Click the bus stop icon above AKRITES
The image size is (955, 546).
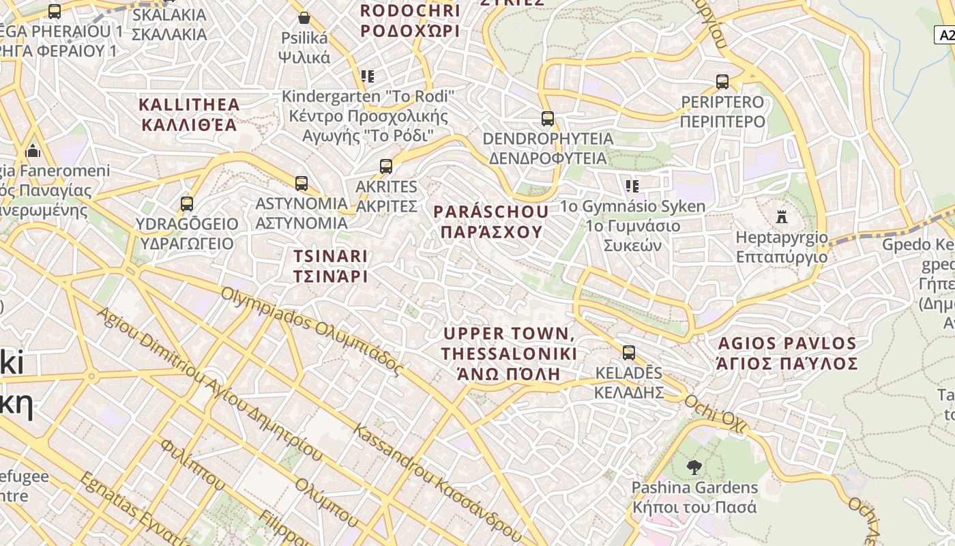coord(386,166)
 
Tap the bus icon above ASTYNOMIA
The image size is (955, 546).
coord(302,183)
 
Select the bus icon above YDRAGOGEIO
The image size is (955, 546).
coord(187,203)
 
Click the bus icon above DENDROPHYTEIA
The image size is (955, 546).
coord(548,119)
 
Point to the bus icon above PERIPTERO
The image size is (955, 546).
coord(722,82)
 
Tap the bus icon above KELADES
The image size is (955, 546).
coord(629,353)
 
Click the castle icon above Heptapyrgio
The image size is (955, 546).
coord(782,218)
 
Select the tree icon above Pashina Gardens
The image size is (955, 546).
coord(694,468)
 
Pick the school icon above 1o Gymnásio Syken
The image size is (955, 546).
coord(632,186)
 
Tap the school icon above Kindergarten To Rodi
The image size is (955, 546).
coord(368,76)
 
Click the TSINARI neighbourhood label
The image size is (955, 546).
coord(331,266)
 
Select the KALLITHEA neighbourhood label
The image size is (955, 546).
coord(189,115)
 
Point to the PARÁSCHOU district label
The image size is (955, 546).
coord(491,222)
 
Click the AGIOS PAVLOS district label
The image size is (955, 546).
coord(787,353)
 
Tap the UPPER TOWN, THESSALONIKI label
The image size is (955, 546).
coord(509,354)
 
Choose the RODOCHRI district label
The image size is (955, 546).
coord(410,20)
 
